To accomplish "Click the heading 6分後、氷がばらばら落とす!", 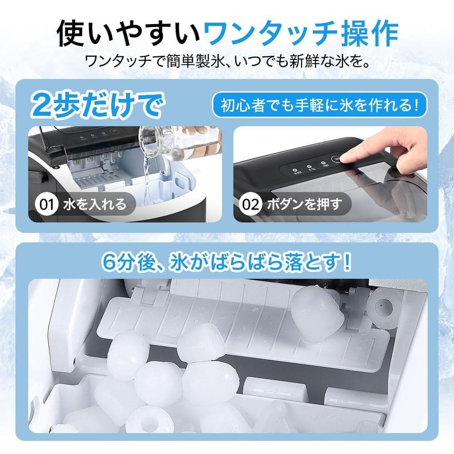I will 227,262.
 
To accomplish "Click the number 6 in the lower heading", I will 109,262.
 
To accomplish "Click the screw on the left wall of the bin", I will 74,361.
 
